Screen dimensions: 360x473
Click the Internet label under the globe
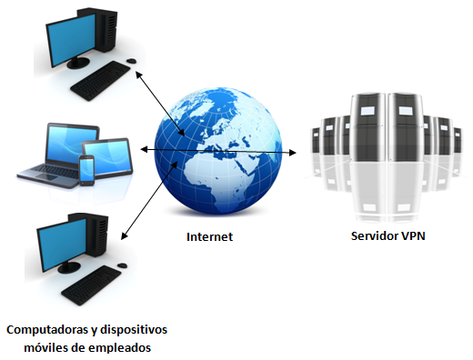pyautogui.click(x=209, y=236)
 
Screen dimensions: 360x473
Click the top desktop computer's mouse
pyautogui.click(x=132, y=61)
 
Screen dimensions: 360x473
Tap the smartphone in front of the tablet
pyautogui.click(x=86, y=169)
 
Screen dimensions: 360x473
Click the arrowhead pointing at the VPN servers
pyautogui.click(x=293, y=153)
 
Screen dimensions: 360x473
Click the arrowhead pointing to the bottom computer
pyautogui.click(x=125, y=237)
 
